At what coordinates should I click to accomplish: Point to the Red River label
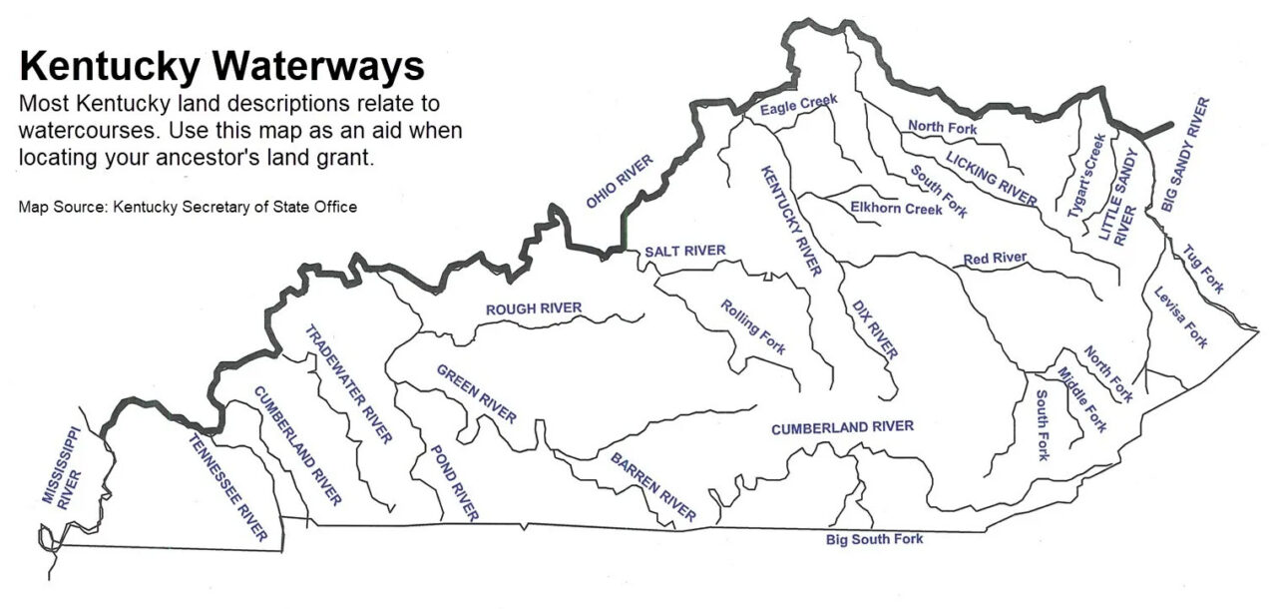click(995, 259)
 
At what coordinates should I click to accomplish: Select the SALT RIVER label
click(684, 251)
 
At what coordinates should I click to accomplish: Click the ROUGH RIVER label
click(533, 308)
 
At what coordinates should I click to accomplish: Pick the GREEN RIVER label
click(476, 393)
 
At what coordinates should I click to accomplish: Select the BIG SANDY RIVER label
click(1185, 155)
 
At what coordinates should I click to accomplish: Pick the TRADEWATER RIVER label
click(347, 383)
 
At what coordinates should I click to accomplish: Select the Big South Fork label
click(874, 540)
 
